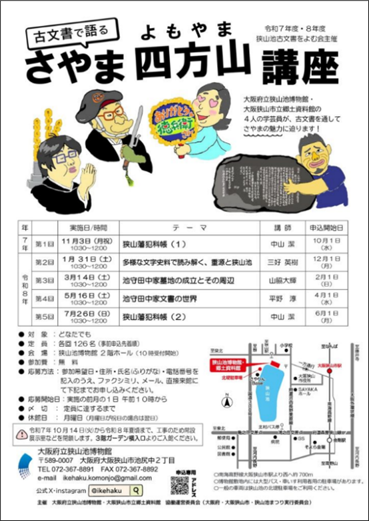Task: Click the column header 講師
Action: [282, 227]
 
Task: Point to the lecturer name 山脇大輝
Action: [282, 281]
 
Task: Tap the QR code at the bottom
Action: [179, 485]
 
